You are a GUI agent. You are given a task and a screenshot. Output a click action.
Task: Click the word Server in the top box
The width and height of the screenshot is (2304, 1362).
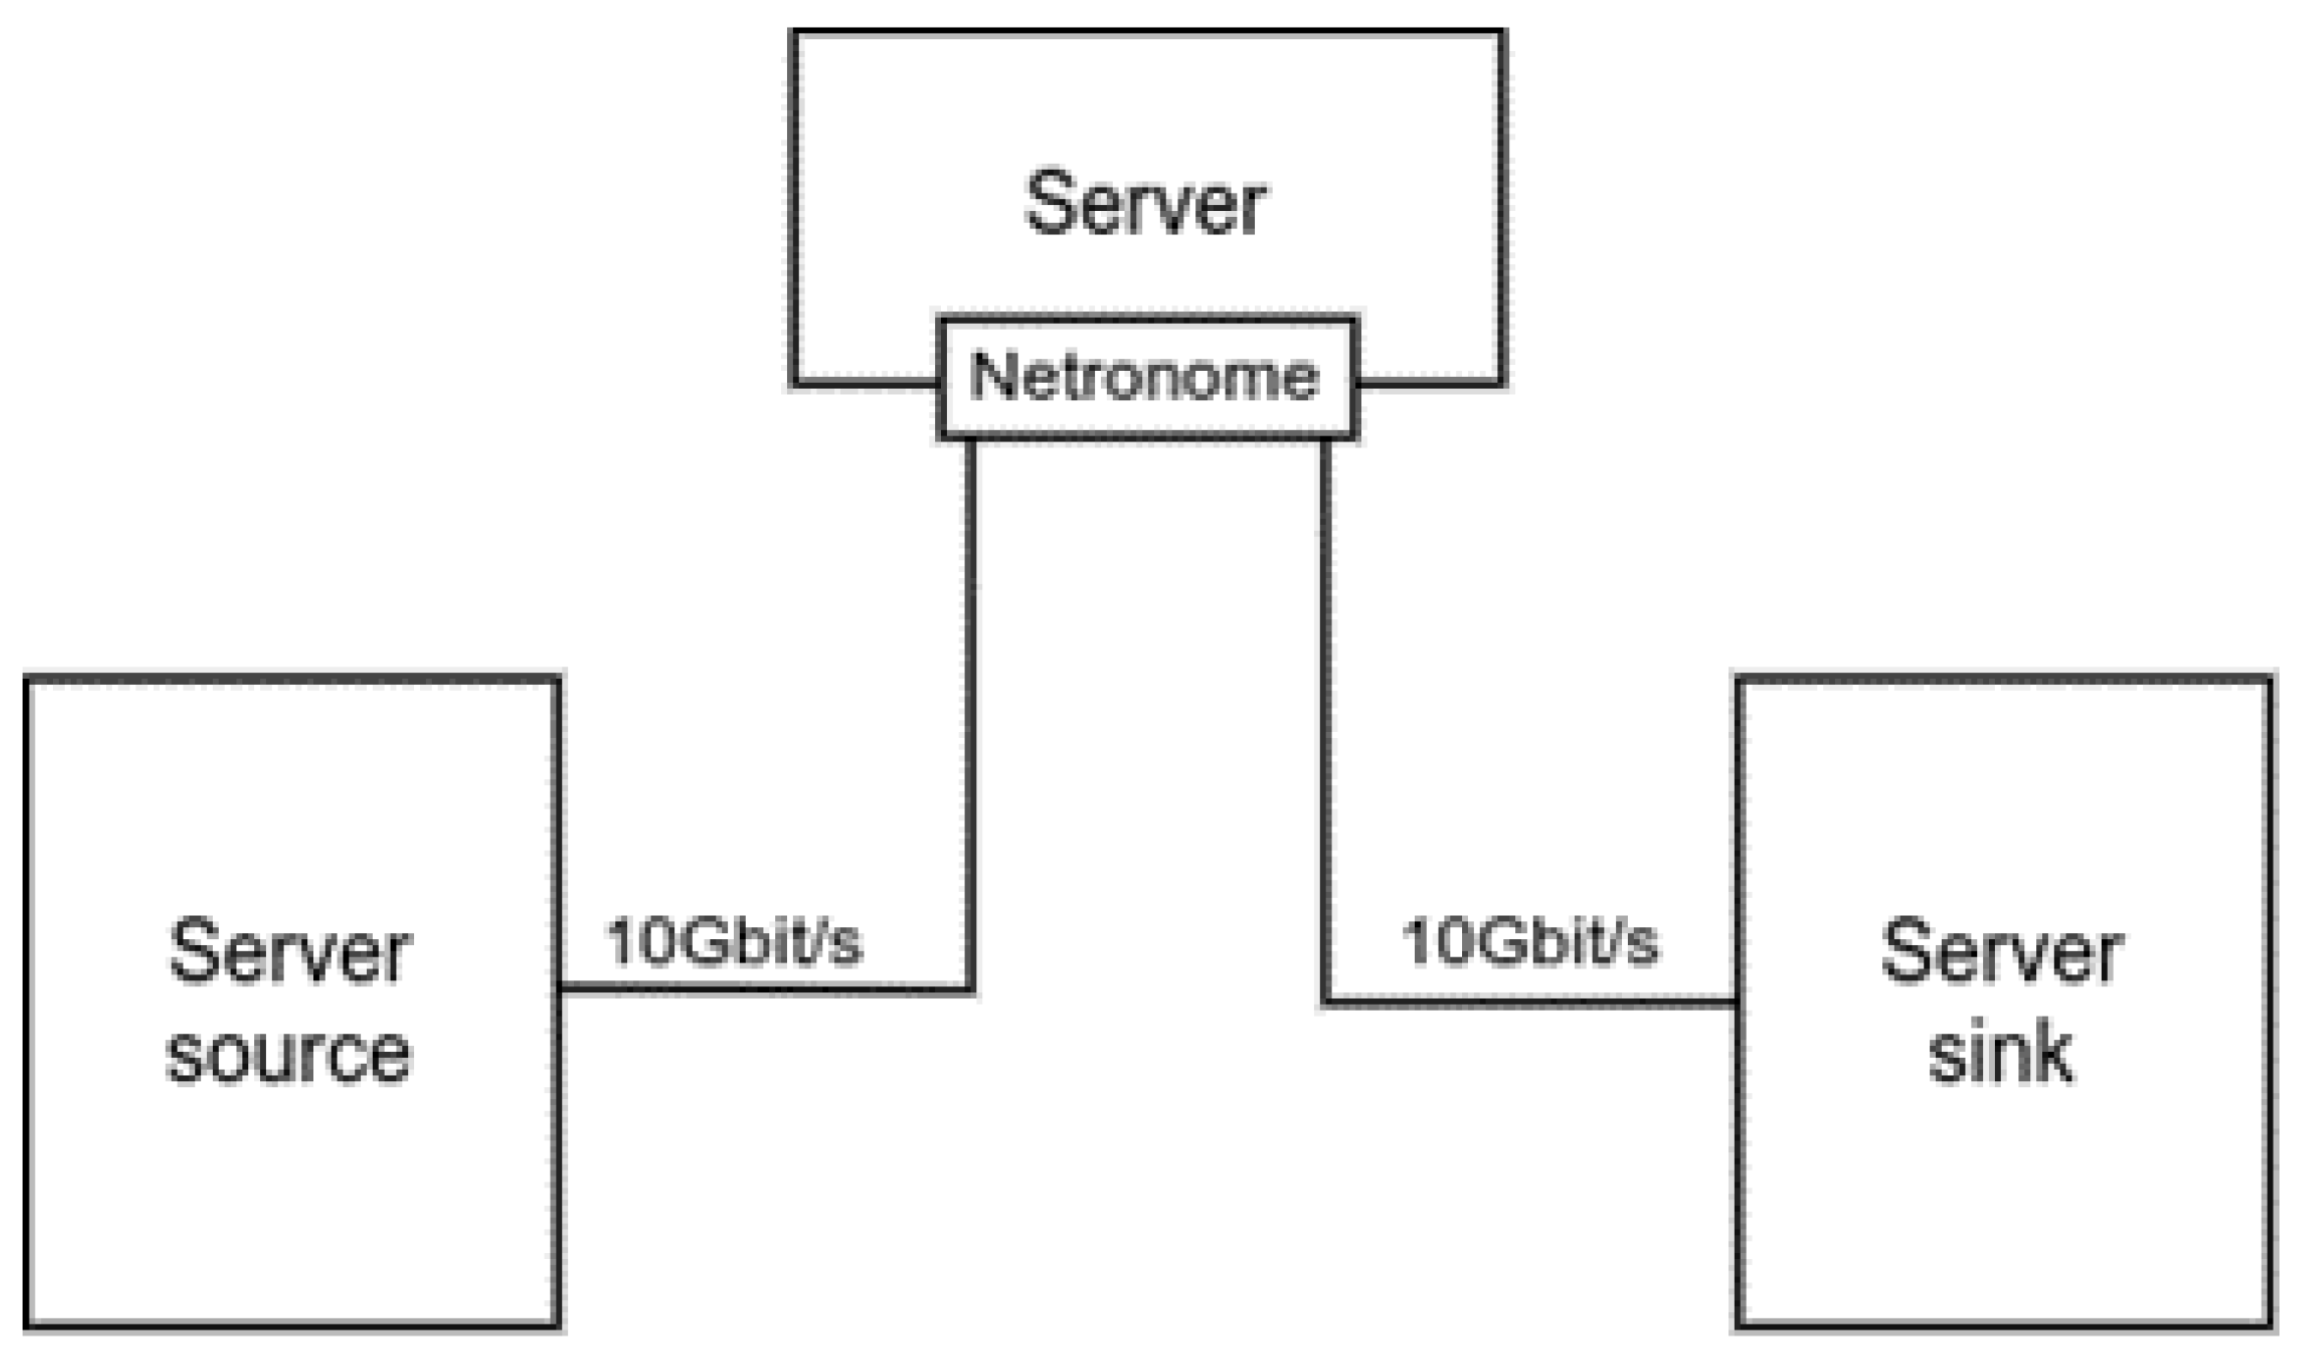pos(1145,203)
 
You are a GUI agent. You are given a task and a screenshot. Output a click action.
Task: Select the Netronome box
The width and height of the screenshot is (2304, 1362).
pos(1147,378)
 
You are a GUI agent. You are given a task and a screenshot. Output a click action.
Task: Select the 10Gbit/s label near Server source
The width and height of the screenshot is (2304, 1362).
pos(734,942)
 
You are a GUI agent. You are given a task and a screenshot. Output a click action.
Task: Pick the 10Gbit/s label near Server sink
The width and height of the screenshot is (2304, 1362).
pos(1529,942)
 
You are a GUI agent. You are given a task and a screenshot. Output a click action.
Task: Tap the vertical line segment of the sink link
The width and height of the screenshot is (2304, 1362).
pos(1326,716)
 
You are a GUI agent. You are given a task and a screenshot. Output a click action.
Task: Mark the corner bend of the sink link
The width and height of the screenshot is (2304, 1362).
pos(1326,1002)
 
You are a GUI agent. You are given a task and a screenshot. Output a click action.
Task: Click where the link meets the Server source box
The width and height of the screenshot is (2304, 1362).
pos(560,988)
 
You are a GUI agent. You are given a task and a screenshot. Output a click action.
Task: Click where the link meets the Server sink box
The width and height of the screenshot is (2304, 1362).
pos(1738,1002)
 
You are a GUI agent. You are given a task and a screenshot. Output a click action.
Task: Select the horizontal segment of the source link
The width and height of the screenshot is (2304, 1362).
pos(765,988)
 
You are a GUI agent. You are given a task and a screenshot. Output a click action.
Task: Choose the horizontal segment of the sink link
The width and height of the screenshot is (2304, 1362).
pos(1531,1002)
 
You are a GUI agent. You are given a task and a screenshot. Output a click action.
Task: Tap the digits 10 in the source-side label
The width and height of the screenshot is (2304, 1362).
pos(639,942)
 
